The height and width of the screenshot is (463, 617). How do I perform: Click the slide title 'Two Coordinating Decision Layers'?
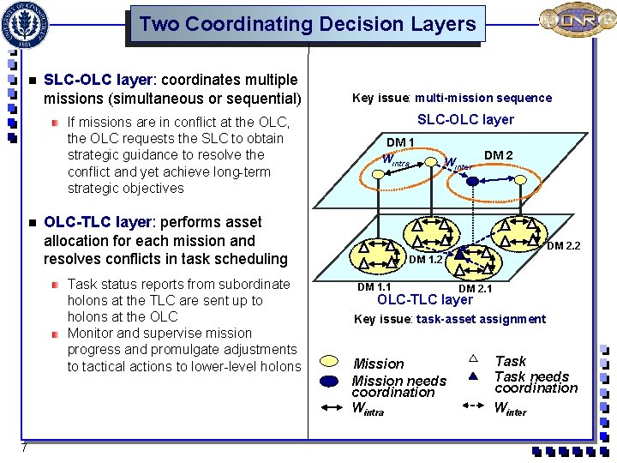(307, 24)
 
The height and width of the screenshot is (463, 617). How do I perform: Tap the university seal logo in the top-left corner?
(27, 23)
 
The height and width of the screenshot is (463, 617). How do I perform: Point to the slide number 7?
(26, 448)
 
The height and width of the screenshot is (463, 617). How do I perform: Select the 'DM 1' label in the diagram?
(400, 142)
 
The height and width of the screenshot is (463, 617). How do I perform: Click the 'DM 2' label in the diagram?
(498, 155)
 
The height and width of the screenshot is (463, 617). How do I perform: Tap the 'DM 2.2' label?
(563, 246)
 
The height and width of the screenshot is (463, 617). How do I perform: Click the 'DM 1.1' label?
(374, 287)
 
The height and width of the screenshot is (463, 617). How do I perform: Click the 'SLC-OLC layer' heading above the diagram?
(465, 119)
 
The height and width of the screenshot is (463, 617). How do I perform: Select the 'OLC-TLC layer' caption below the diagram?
(425, 300)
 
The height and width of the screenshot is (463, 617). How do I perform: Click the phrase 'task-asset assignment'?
(481, 319)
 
